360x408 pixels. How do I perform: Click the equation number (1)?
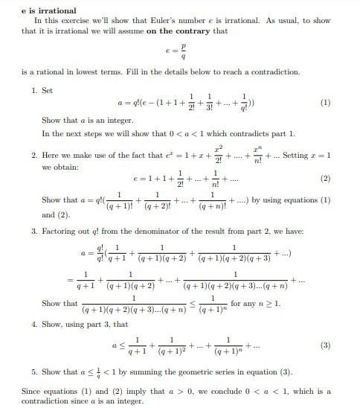[x=324, y=103]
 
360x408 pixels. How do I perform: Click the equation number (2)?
[x=324, y=179]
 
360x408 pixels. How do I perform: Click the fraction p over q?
[x=183, y=51]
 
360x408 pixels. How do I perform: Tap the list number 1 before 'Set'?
[x=34, y=89]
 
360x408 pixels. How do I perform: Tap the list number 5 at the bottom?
[x=34, y=370]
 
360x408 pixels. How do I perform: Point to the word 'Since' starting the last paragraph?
[x=30, y=390]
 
